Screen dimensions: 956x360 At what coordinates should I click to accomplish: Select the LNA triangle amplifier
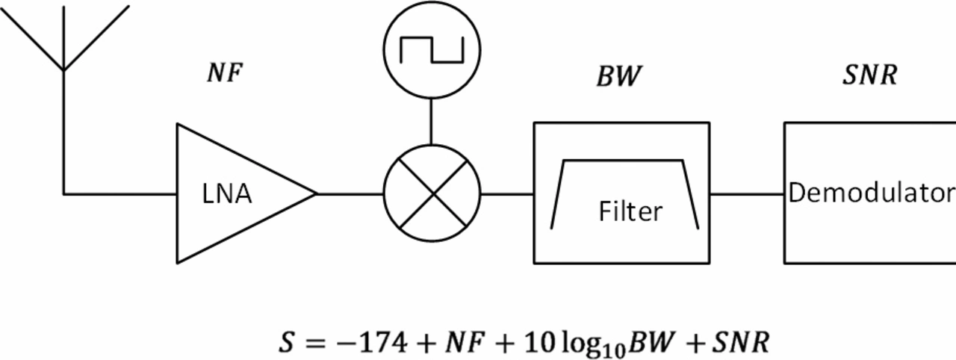click(246, 193)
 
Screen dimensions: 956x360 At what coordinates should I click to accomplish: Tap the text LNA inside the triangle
click(226, 194)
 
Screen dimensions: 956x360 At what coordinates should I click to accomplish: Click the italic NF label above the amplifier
click(225, 72)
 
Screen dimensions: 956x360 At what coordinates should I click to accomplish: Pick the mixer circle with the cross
click(432, 193)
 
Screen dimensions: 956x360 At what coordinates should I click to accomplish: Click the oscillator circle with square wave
click(432, 50)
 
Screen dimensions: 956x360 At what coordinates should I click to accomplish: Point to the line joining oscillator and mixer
click(431, 122)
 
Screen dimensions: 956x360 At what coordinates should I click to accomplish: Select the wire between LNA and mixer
click(350, 194)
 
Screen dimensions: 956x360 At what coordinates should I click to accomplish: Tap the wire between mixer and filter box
click(507, 194)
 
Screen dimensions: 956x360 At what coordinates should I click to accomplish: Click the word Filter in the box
click(631, 211)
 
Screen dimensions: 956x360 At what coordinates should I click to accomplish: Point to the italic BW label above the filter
click(619, 76)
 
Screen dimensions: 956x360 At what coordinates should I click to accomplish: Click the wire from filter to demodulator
click(747, 194)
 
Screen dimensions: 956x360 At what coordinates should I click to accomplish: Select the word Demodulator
click(872, 193)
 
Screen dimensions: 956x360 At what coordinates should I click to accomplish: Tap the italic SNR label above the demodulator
click(870, 75)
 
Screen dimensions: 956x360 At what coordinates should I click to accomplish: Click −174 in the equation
click(371, 343)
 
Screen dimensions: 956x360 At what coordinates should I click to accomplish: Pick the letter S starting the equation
click(286, 343)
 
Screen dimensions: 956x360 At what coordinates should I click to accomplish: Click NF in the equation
click(465, 343)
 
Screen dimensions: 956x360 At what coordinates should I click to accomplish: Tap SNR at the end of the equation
click(740, 343)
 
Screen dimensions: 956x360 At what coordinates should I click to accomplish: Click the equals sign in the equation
click(316, 344)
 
